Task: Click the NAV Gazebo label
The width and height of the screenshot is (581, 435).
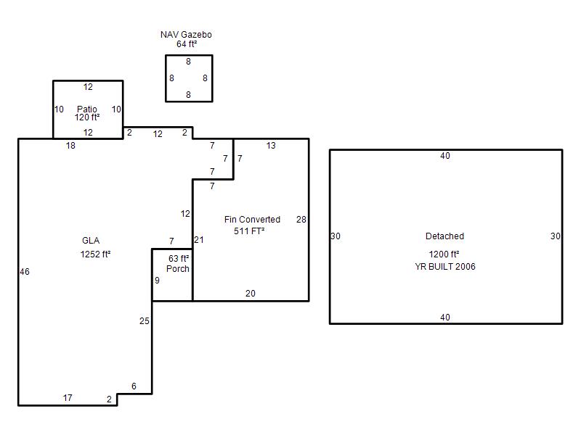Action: [x=186, y=34]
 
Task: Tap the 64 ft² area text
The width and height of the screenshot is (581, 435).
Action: [x=187, y=44]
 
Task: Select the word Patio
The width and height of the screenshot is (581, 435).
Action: [x=87, y=109]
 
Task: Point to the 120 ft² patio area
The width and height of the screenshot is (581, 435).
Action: [x=87, y=117]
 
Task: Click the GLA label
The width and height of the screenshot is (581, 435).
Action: [x=91, y=241]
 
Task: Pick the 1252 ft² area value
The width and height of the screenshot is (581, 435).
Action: [x=95, y=254]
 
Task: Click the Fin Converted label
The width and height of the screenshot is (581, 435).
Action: [x=252, y=220]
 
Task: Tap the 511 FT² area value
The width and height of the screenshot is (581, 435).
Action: [x=249, y=231]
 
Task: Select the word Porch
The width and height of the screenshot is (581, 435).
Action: [x=178, y=268]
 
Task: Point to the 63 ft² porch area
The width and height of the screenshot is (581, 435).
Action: [x=179, y=259]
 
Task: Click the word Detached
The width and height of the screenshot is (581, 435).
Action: [x=444, y=236]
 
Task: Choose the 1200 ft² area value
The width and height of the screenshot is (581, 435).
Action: [x=444, y=254]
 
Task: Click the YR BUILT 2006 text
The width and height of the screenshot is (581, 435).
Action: [x=445, y=266]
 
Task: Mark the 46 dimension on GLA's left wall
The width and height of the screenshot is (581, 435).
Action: [x=25, y=272]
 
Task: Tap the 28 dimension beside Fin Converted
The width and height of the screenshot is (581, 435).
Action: [x=301, y=220]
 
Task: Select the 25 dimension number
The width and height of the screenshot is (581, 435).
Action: [x=145, y=321]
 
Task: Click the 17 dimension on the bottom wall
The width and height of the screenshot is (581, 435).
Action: [x=68, y=398]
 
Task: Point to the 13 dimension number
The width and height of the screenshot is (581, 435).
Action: [x=271, y=146]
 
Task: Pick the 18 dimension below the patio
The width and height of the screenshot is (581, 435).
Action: [x=70, y=146]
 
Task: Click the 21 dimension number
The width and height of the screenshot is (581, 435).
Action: [x=199, y=240]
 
